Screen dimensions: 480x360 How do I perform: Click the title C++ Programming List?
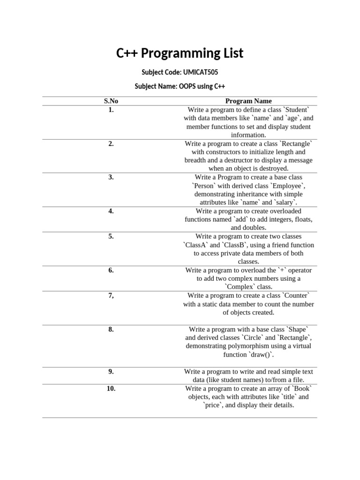click(x=180, y=53)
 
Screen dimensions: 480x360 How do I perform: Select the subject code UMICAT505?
click(x=199, y=73)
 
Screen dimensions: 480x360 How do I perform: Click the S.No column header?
click(x=111, y=101)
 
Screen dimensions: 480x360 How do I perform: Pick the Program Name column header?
click(x=248, y=101)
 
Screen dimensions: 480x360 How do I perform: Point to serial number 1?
click(x=111, y=110)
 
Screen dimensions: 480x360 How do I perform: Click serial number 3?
click(x=111, y=177)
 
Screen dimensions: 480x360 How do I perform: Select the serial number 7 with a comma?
click(x=111, y=295)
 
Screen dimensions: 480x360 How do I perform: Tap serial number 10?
click(x=111, y=388)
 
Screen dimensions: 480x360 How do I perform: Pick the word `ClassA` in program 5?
click(x=195, y=245)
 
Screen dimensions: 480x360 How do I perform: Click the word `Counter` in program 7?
click(x=294, y=295)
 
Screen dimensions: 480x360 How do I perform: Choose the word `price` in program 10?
click(x=213, y=405)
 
